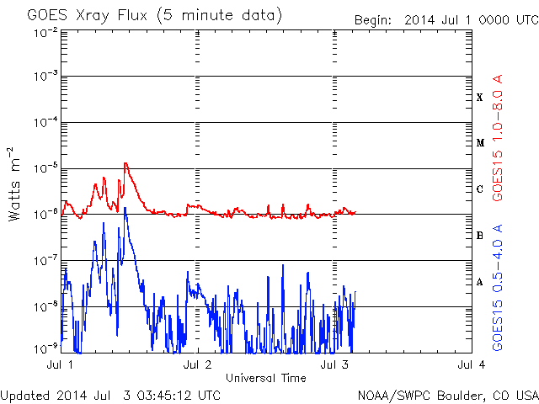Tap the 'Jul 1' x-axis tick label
pos(60,364)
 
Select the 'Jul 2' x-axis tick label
pos(198,364)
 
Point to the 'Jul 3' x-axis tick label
pos(335,364)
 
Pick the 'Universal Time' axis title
pos(265,378)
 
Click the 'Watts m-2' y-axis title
pos(15,185)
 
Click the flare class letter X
pos(479,98)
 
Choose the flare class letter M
pos(479,143)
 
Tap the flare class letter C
pos(479,189)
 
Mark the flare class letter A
pos(479,282)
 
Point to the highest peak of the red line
pos(125,163)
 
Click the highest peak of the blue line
pos(125,208)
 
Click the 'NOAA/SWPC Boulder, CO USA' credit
pos(447,395)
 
